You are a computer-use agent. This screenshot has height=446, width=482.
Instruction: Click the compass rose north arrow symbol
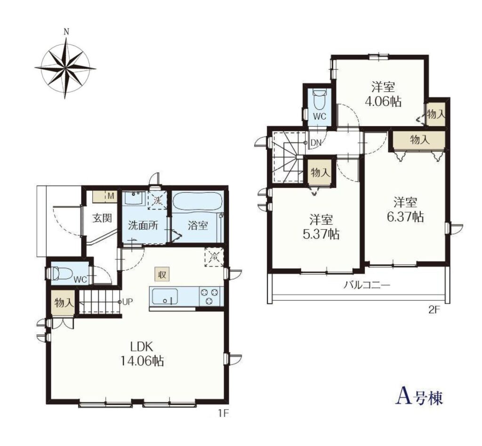[65, 65]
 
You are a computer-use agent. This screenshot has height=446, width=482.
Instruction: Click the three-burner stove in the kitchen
[210, 296]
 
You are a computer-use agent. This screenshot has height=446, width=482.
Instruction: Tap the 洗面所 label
[143, 226]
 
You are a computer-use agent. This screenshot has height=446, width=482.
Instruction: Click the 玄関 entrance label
[102, 219]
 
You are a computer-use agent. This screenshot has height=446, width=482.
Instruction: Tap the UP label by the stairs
[127, 302]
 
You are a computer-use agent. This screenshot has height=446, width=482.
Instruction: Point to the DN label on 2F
[316, 142]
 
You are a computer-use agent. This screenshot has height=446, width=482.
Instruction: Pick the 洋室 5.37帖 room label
[321, 227]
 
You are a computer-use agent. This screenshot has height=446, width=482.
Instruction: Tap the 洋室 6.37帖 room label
[405, 210]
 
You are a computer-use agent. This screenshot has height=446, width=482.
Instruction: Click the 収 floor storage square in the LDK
[162, 274]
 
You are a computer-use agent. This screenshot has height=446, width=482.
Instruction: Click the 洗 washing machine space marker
[157, 200]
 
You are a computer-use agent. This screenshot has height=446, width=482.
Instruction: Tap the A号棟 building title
[418, 397]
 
